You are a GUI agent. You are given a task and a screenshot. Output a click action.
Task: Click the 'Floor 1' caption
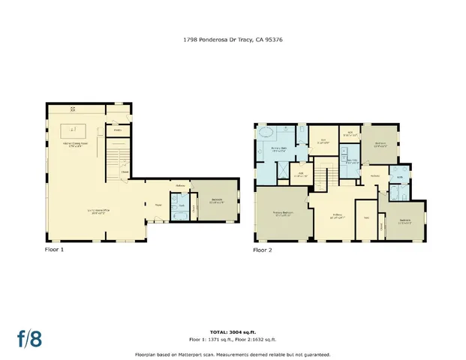click(x=55, y=249)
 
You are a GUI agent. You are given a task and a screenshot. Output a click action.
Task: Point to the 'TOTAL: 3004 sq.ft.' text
click(x=233, y=330)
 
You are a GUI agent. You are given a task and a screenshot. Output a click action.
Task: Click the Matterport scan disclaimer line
click(x=233, y=354)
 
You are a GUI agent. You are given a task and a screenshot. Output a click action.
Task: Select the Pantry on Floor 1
click(x=118, y=130)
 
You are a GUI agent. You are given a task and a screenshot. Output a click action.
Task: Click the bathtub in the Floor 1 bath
click(x=179, y=216)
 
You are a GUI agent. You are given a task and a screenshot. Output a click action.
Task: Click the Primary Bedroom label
click(x=281, y=214)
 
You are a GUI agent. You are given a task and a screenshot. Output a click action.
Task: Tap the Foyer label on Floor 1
click(x=159, y=204)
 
